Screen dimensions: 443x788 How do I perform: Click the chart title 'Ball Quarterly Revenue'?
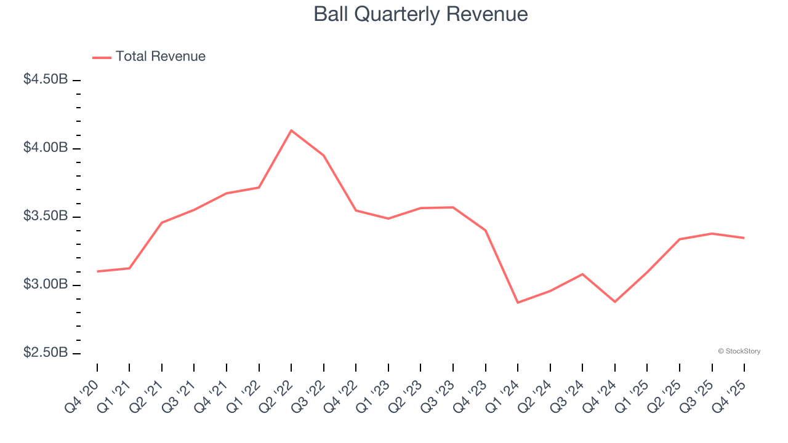click(420, 14)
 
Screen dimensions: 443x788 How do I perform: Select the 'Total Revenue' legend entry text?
click(160, 57)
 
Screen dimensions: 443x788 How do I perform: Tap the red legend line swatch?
click(102, 57)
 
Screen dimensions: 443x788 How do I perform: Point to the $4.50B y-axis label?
click(46, 79)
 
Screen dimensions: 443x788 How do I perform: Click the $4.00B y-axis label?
click(46, 148)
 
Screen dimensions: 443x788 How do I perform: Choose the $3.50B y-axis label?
click(46, 216)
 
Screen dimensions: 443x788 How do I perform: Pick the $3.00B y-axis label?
click(46, 284)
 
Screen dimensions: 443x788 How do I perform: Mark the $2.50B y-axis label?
click(46, 353)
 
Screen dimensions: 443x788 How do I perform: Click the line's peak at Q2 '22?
click(291, 130)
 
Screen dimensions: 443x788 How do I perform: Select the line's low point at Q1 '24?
click(518, 303)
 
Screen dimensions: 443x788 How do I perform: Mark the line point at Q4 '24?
click(615, 301)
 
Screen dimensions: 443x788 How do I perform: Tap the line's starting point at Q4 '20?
click(97, 271)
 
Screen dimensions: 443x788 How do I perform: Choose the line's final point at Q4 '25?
click(744, 237)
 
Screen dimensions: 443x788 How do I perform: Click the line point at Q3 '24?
click(582, 274)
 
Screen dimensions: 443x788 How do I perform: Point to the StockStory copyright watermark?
click(739, 351)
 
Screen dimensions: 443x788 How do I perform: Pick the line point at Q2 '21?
click(162, 222)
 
